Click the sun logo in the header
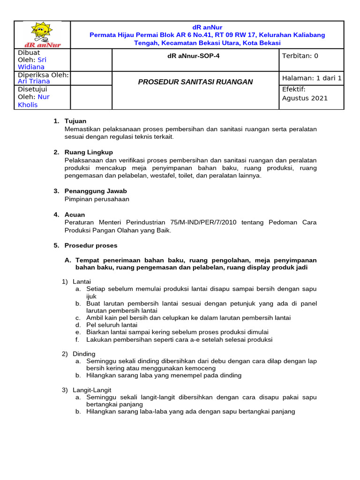pyautogui.click(x=42, y=34)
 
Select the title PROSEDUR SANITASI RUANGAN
pyautogui.click(x=195, y=82)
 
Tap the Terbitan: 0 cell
pyautogui.click(x=300, y=56)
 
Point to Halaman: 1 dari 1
pyautogui.click(x=311, y=78)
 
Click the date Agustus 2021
pyautogui.click(x=305, y=98)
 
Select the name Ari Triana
pyautogui.click(x=34, y=81)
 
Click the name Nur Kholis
pyautogui.click(x=34, y=101)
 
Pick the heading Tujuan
pyautogui.click(x=75, y=121)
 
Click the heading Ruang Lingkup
pyautogui.click(x=89, y=152)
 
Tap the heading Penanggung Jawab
pyautogui.click(x=96, y=191)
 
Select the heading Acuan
pyautogui.click(x=75, y=215)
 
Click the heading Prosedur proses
pyautogui.click(x=91, y=246)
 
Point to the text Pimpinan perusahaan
pyautogui.click(x=97, y=199)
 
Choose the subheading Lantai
pyautogui.click(x=82, y=281)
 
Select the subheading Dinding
pyautogui.click(x=84, y=353)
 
